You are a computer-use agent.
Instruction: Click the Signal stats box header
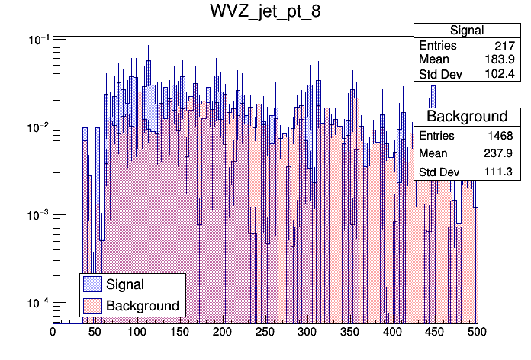[x=467, y=31]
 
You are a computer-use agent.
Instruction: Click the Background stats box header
[x=467, y=117]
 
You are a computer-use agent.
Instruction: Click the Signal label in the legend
[x=125, y=284]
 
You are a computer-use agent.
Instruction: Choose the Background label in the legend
[x=143, y=306]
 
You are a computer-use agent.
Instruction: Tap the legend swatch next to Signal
[x=92, y=284]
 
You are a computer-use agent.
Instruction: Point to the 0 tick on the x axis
[x=53, y=332]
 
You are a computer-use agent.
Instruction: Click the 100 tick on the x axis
[x=137, y=332]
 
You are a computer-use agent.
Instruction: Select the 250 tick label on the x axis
[x=265, y=332]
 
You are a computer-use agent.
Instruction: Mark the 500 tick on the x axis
[x=477, y=332]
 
